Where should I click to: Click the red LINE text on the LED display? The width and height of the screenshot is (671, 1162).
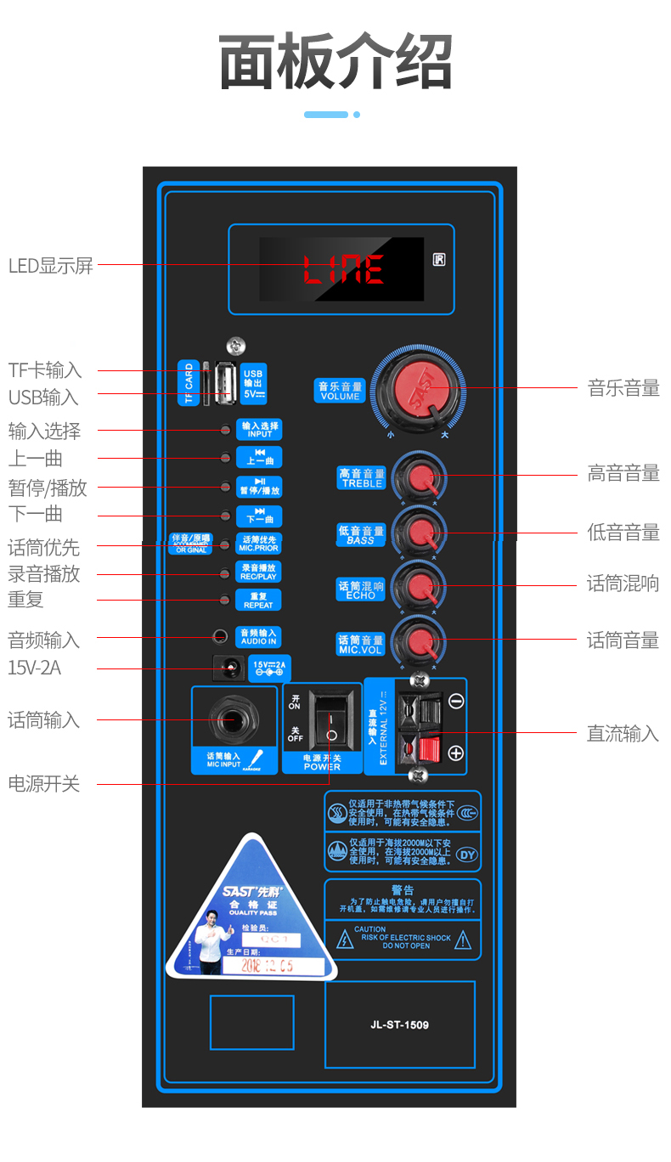click(x=343, y=269)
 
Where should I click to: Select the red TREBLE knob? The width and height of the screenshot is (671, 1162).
click(x=420, y=477)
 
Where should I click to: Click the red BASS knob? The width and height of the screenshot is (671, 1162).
click(x=420, y=533)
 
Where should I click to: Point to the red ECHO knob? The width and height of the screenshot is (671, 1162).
click(x=420, y=585)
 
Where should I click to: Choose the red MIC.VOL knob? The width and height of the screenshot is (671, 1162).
click(x=420, y=640)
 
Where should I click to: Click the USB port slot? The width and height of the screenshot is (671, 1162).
click(x=223, y=385)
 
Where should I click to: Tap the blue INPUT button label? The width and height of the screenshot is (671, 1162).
click(x=258, y=429)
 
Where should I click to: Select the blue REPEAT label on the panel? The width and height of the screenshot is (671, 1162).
click(x=258, y=600)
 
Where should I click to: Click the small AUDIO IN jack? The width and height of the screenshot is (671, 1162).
click(x=221, y=635)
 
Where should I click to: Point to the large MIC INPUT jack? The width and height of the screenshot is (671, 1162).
click(x=231, y=720)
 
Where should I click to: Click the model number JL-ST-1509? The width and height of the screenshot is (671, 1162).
click(x=399, y=1024)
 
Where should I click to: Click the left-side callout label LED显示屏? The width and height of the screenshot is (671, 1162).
click(x=50, y=265)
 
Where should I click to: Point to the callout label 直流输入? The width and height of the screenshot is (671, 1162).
click(x=623, y=733)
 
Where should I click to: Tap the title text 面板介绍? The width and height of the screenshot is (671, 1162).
click(x=335, y=61)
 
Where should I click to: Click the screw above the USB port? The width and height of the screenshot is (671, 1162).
click(x=235, y=345)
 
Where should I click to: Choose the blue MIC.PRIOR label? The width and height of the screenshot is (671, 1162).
click(x=258, y=544)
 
